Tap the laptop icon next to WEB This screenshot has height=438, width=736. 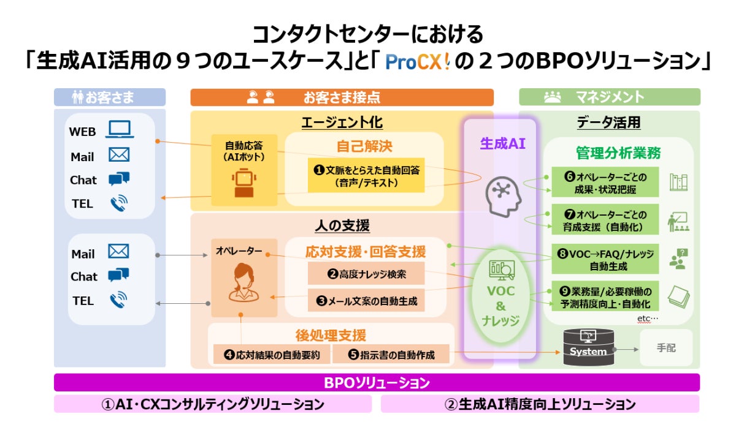point(120,129)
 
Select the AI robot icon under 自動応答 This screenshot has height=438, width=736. point(244,184)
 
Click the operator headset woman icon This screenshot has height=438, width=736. point(243,282)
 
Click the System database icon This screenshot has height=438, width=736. point(588,347)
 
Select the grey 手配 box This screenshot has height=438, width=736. point(665,347)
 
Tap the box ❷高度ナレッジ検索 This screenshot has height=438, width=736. point(366,273)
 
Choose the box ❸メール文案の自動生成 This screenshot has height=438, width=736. point(366,300)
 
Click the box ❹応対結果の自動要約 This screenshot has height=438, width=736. point(272,354)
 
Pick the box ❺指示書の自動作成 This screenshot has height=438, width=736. point(391,354)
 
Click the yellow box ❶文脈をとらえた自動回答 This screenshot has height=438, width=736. point(366,176)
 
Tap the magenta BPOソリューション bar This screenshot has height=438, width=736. point(377,383)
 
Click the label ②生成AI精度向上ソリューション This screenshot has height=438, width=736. point(540,404)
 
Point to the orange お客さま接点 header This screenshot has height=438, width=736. point(342,97)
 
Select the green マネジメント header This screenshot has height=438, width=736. point(609,97)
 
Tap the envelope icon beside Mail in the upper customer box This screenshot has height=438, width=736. point(118,155)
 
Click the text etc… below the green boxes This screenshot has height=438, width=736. point(647,319)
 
